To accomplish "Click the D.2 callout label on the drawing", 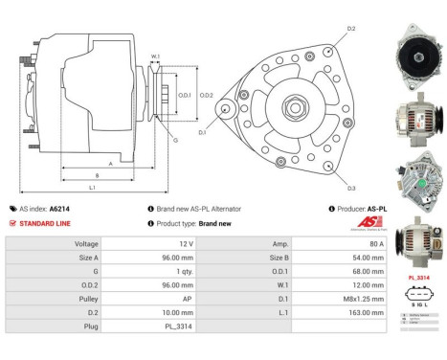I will click(x=352, y=30).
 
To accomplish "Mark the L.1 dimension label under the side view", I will click(x=91, y=187).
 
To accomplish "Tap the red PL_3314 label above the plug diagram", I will click(x=417, y=277).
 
